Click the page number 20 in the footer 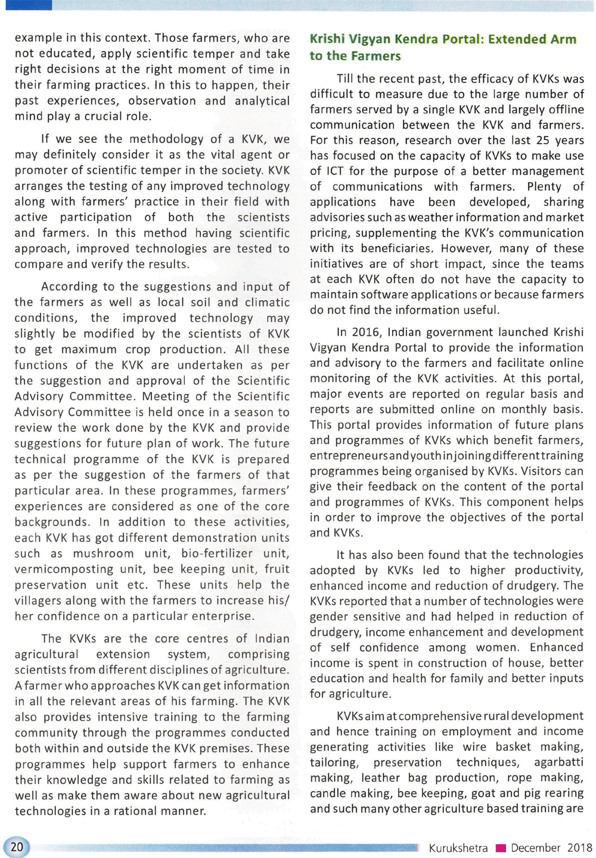(x=17, y=847)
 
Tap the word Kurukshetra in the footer (x=458, y=848)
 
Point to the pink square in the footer (x=501, y=848)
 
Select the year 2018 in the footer (x=579, y=848)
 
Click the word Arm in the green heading (x=563, y=39)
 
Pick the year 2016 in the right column (x=364, y=332)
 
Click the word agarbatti (x=558, y=763)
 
